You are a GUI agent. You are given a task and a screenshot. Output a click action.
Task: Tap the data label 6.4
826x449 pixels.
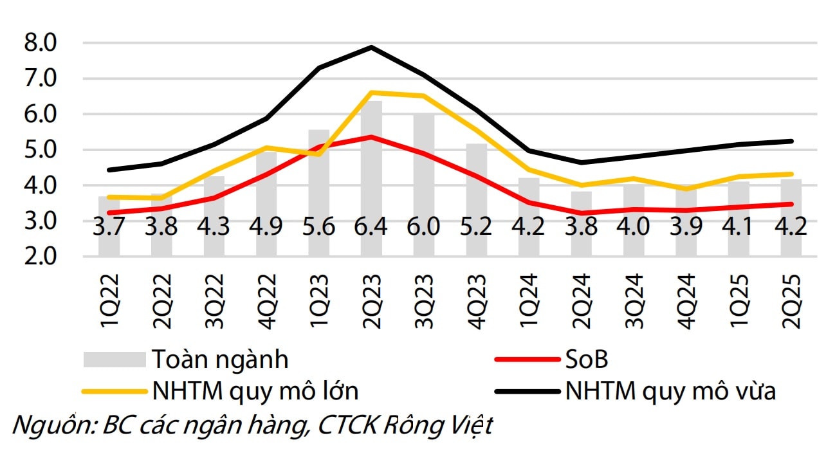372,228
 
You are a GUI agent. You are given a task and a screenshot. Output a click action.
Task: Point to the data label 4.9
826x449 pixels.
266,228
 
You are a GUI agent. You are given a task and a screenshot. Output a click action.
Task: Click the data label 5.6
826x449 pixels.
319,228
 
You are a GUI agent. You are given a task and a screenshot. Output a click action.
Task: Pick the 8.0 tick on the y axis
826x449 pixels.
41,44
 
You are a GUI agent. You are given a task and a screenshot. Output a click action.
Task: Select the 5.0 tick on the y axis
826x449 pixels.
41,150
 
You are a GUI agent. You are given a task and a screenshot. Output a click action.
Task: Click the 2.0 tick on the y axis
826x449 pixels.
41,256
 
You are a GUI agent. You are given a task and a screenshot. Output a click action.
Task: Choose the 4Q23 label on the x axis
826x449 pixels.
477,303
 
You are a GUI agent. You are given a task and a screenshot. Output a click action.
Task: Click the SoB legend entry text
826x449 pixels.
586,360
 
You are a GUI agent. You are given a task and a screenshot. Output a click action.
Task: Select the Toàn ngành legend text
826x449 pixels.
220,360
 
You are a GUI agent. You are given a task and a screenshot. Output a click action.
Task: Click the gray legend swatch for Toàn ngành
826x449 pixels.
115,359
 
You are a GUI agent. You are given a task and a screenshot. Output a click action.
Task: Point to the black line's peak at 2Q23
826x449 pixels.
372,47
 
